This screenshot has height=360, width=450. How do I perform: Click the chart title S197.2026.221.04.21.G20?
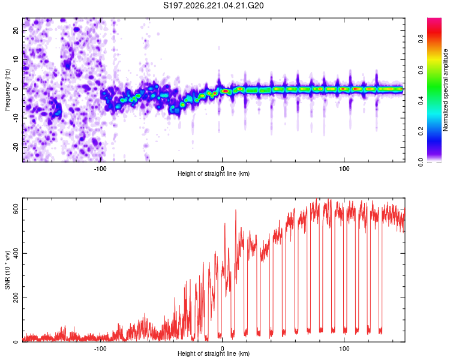tap(213, 5)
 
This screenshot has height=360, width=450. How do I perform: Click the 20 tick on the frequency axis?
tap(16, 31)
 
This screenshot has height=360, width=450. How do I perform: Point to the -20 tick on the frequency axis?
tap(16, 147)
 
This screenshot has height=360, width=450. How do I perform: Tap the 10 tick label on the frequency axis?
tap(16, 59)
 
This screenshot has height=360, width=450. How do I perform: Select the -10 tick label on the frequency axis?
tap(16, 118)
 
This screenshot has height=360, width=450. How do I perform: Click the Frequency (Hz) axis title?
tap(7, 89)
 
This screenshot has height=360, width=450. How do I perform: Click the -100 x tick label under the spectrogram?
tap(100, 169)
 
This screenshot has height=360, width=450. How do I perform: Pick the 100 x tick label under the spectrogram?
tap(344, 169)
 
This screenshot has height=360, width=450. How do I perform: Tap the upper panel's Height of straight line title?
tap(214, 173)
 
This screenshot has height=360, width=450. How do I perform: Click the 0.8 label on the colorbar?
tap(421, 38)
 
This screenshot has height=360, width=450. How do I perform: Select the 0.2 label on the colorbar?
tap(421, 131)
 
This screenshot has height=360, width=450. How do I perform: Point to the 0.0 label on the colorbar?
tap(421, 162)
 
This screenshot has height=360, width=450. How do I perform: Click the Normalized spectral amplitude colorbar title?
tap(445, 90)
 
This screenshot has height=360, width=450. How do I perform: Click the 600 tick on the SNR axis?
tap(16, 209)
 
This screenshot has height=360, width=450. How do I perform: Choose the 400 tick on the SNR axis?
tap(16, 253)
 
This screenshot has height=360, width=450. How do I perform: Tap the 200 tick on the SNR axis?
tap(16, 298)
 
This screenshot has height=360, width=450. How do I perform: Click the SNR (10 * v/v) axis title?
tap(7, 270)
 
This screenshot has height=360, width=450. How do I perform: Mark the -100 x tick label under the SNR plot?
tap(100, 349)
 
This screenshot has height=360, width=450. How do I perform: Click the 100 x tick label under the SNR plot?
tap(344, 349)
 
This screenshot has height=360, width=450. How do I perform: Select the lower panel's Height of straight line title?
tap(214, 353)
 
